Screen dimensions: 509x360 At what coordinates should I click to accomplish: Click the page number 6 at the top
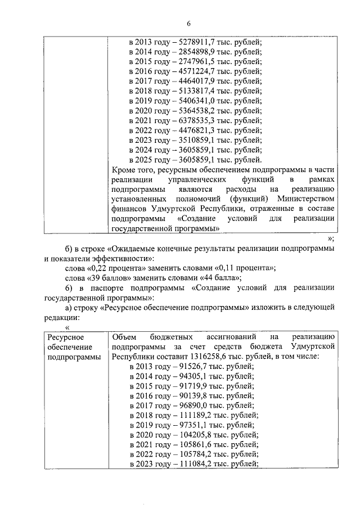click(189, 23)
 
